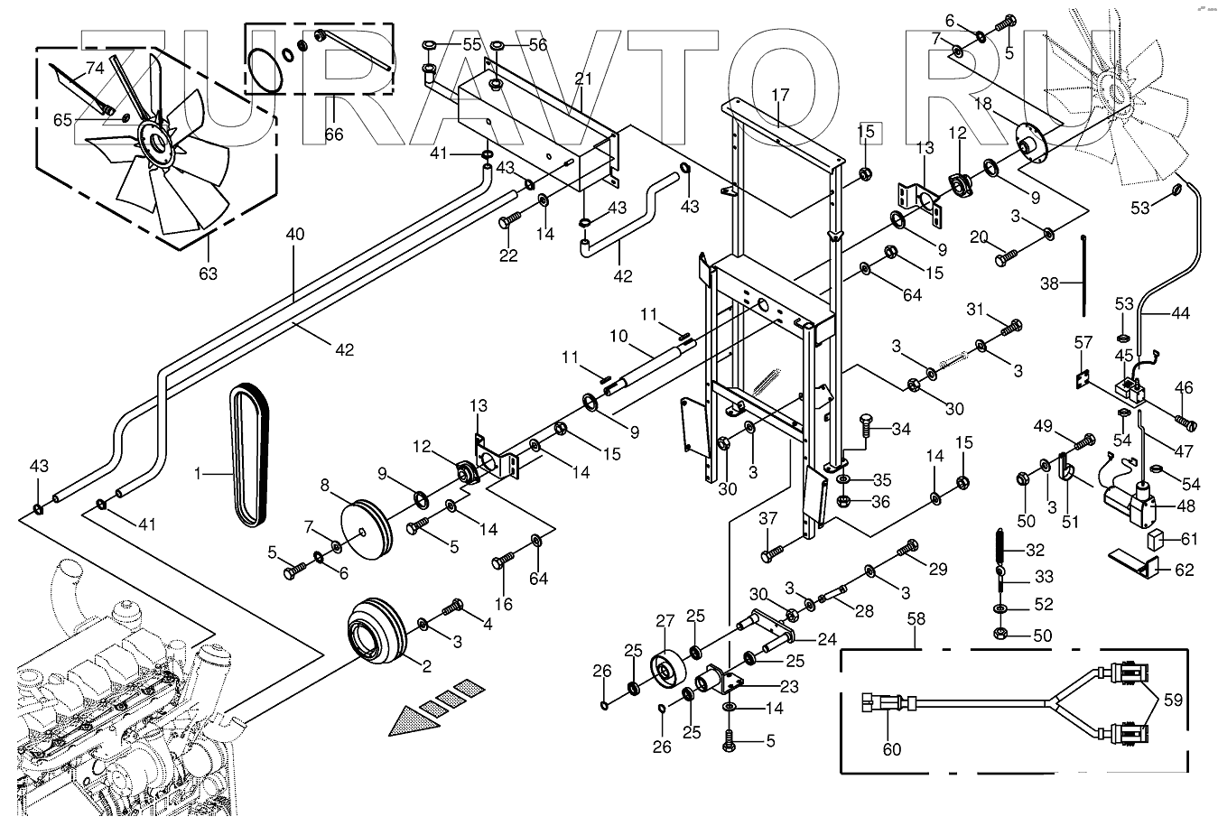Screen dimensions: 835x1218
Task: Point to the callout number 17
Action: (x=780, y=94)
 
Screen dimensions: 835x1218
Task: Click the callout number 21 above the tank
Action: (x=582, y=79)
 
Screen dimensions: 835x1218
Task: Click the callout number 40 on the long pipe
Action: (x=295, y=235)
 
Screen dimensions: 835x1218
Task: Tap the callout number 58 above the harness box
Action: (x=916, y=621)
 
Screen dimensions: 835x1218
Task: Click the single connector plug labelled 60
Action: (x=879, y=700)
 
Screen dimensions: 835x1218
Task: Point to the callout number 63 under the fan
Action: (x=208, y=274)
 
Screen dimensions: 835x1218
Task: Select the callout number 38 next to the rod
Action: (x=1050, y=283)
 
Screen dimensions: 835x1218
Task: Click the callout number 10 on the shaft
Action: (x=618, y=336)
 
